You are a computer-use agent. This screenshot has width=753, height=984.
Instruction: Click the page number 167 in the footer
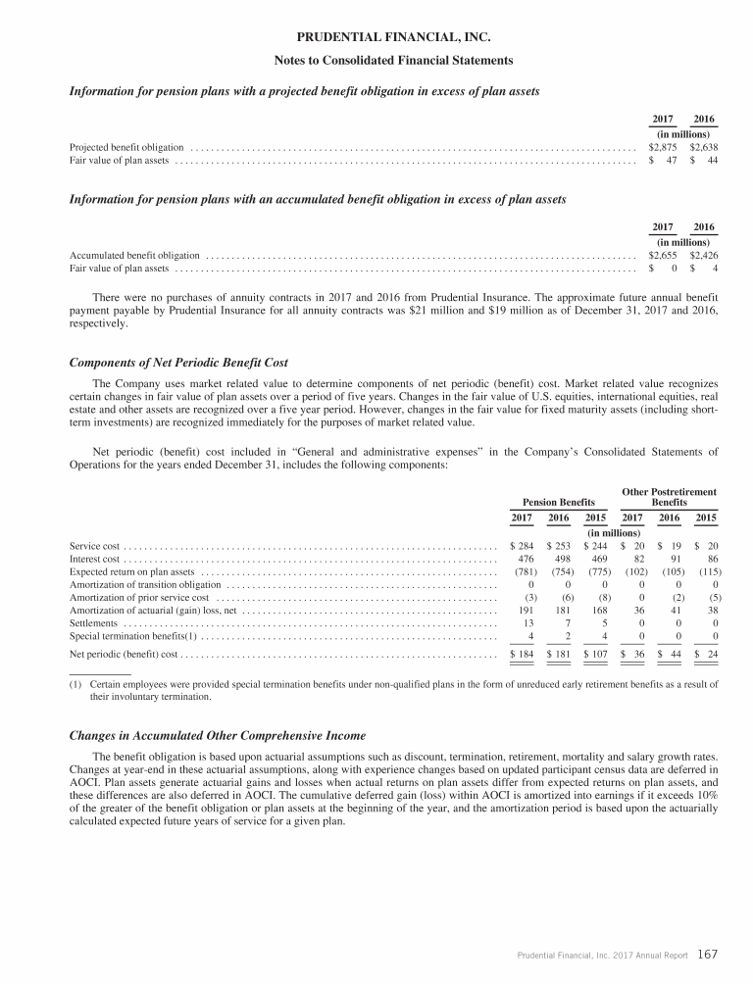[x=710, y=953]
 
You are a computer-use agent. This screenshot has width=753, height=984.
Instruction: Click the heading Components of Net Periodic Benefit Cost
[x=177, y=364]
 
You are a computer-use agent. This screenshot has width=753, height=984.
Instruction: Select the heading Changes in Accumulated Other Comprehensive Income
[x=204, y=735]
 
